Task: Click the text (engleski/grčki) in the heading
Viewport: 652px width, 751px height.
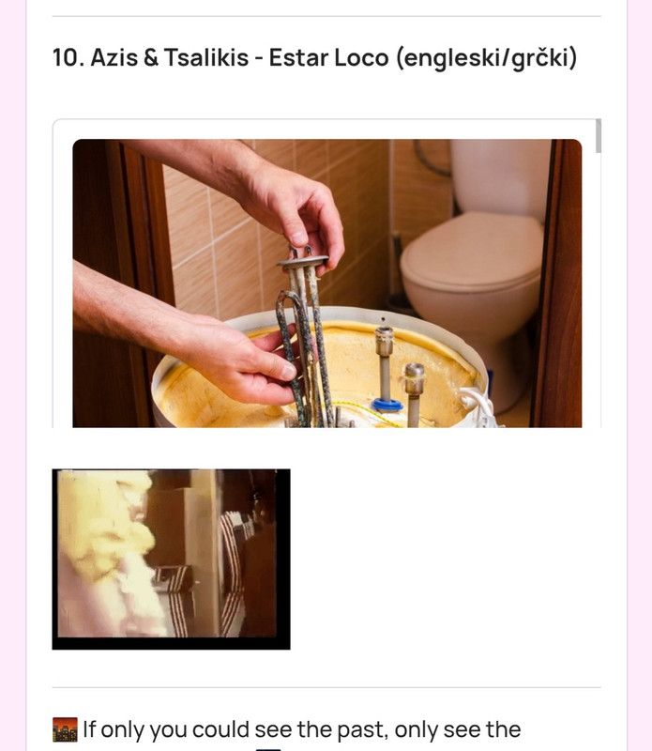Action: (486, 59)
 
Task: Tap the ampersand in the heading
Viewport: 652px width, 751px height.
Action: (150, 58)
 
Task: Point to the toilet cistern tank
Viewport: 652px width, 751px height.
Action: (500, 176)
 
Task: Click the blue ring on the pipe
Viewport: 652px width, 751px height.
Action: (387, 406)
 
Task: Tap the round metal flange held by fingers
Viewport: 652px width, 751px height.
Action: (303, 262)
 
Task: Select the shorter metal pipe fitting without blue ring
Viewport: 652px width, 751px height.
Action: (414, 391)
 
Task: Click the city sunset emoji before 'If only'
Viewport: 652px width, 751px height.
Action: (65, 729)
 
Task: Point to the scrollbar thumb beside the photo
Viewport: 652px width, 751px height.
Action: (598, 136)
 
